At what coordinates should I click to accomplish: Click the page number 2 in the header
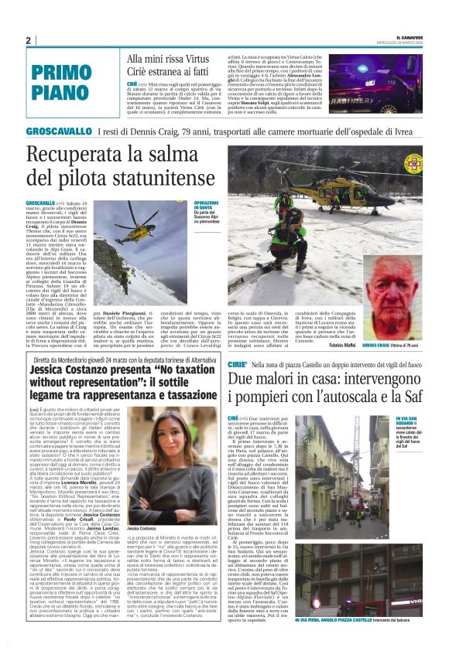pyautogui.click(x=28, y=41)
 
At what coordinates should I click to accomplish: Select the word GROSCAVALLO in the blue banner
pyautogui.click(x=59, y=131)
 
